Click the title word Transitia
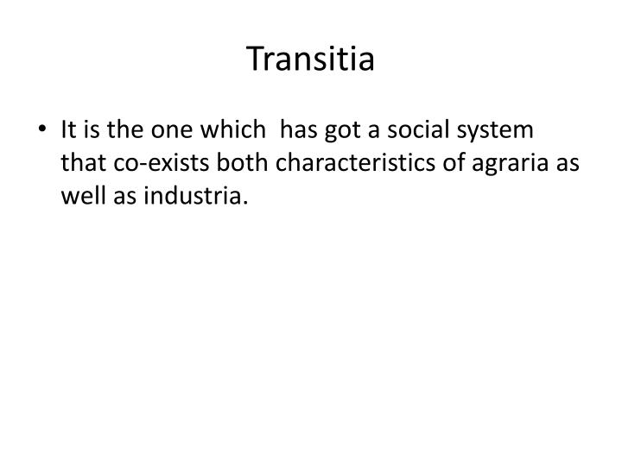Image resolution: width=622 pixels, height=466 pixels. click(x=310, y=60)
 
